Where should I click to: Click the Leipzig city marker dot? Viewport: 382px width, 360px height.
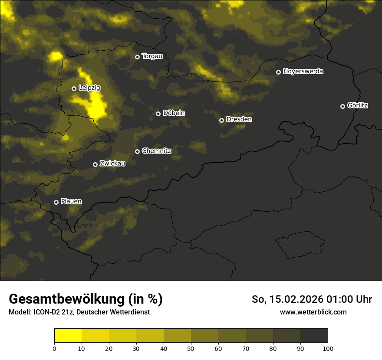(x=74, y=88)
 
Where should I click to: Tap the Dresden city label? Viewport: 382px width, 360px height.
(x=239, y=119)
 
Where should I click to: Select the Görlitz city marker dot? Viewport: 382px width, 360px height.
(x=342, y=106)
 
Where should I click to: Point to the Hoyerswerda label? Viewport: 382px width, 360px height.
(x=303, y=72)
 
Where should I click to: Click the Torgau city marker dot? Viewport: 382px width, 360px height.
(x=137, y=57)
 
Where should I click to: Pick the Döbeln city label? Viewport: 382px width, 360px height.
(x=174, y=113)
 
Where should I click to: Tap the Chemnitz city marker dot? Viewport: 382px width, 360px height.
(x=137, y=151)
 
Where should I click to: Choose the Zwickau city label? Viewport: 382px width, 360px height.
(x=112, y=164)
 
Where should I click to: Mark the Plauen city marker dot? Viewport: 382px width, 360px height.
(x=56, y=202)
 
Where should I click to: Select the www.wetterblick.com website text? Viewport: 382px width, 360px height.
(x=313, y=312)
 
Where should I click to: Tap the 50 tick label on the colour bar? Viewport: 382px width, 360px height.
(x=191, y=348)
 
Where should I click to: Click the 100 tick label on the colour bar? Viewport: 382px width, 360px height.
(x=328, y=348)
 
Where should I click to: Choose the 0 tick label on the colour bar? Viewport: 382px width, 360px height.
(x=54, y=348)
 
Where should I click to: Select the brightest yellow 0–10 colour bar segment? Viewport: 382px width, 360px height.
(x=68, y=336)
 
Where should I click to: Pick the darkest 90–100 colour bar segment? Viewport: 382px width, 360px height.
(x=314, y=336)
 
